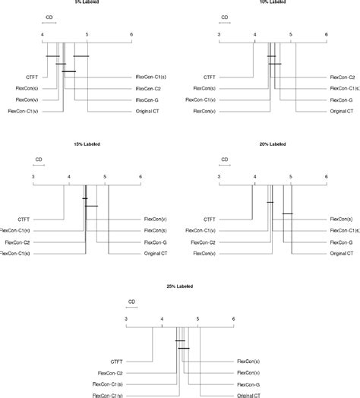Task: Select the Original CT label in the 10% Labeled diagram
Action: [341, 112]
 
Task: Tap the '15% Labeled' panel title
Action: [86, 144]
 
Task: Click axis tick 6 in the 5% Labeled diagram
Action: [131, 34]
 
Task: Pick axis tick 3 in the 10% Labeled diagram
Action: [219, 34]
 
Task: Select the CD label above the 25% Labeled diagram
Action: [131, 302]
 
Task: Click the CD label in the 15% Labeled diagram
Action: [39, 159]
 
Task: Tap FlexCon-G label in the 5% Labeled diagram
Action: [147, 99]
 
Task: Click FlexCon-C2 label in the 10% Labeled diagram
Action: [341, 77]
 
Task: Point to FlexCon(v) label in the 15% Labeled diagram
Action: [156, 220]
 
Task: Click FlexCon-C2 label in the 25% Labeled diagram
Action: [110, 373]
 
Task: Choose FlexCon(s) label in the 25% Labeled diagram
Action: [248, 362]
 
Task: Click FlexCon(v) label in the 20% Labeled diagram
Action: [202, 254]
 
